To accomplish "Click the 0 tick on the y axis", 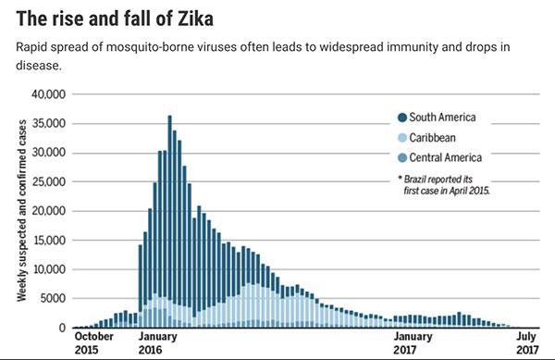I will point(64,328).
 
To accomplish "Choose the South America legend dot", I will point(401,118).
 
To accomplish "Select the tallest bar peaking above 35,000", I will point(169,222).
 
